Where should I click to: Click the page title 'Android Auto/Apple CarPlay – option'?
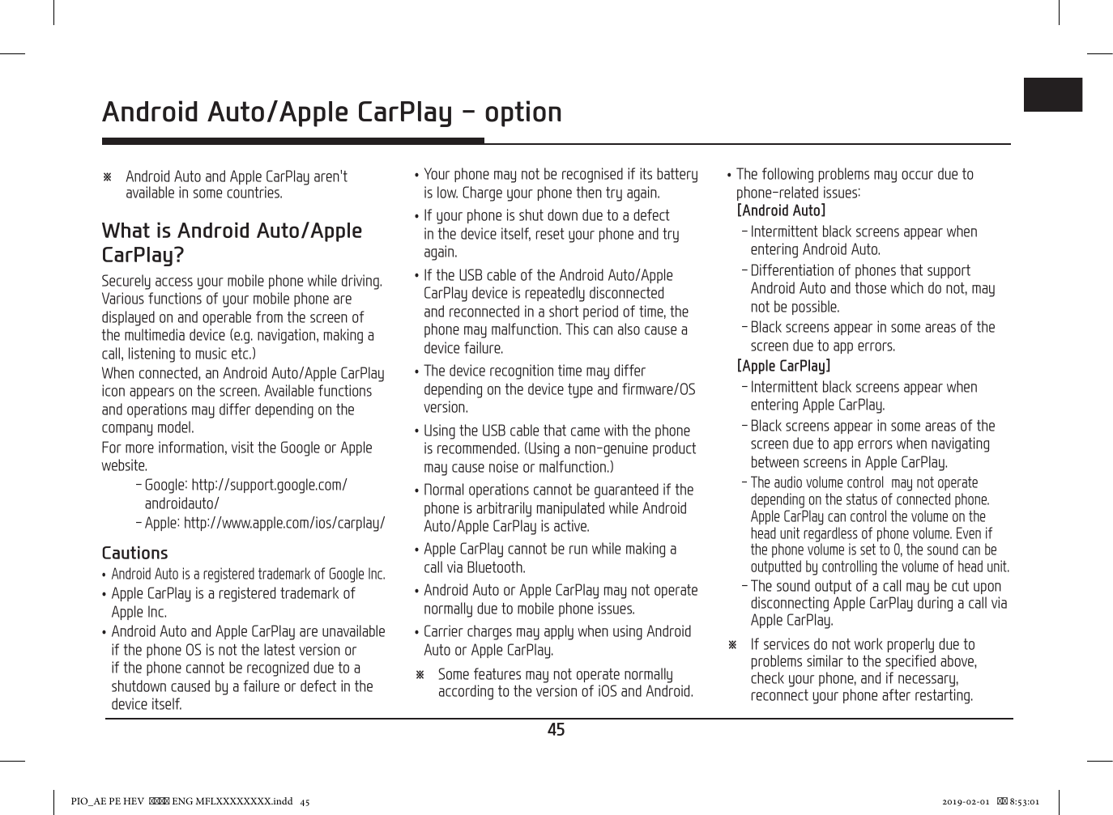[331, 112]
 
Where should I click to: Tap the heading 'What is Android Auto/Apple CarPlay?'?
[232, 243]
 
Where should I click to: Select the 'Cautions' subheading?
[134, 554]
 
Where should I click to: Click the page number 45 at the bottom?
[556, 730]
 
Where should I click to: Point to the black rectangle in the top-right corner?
[1052, 95]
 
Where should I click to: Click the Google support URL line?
[245, 486]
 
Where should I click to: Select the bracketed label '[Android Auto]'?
[781, 211]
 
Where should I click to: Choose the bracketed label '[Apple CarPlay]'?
[783, 367]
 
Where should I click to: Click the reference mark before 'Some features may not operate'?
[420, 675]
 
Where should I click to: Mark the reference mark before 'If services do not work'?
[732, 645]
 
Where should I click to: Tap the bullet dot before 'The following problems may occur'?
[729, 175]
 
